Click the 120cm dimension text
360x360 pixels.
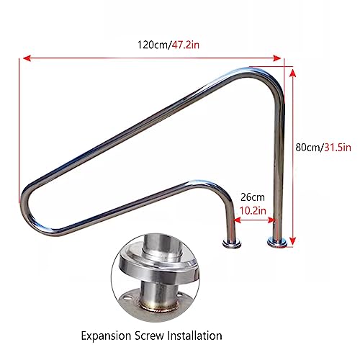pyautogui.click(x=153, y=45)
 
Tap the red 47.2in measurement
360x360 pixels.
pyautogui.click(x=185, y=45)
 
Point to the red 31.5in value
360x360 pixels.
pyautogui.click(x=337, y=147)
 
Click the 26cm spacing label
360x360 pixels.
pyautogui.click(x=253, y=197)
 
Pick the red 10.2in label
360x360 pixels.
pyautogui.click(x=253, y=210)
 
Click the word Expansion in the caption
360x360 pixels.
pyautogui.click(x=106, y=336)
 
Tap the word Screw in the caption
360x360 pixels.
pyautogui.click(x=149, y=336)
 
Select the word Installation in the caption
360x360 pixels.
pyautogui.click(x=194, y=336)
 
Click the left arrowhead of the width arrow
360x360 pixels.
pyautogui.click(x=27, y=58)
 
